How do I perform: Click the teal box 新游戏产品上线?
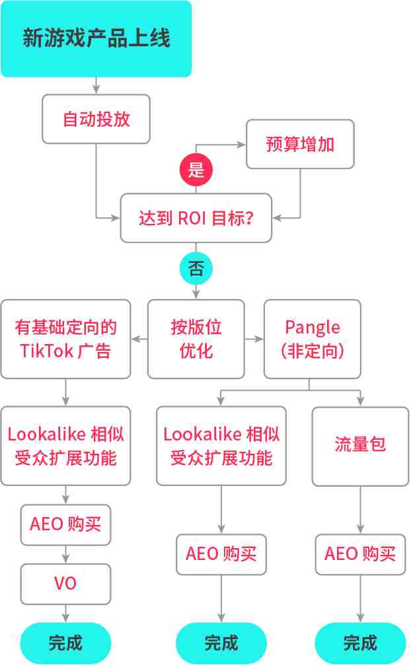pyautogui.click(x=96, y=38)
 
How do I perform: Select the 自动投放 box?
pyautogui.click(x=96, y=119)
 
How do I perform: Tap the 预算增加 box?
pyautogui.click(x=300, y=144)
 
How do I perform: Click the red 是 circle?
pyautogui.click(x=196, y=170)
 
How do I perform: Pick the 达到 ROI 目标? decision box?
pyautogui.click(x=196, y=218)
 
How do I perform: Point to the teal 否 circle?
pyautogui.click(x=196, y=268)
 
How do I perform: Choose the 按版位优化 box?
pyautogui.click(x=196, y=339)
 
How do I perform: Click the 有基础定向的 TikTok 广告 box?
pyautogui.click(x=65, y=339)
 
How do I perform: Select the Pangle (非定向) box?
pyautogui.click(x=313, y=339)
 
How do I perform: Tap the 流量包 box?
pyautogui.click(x=361, y=446)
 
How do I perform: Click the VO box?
pyautogui.click(x=65, y=584)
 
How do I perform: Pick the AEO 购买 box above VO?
pyautogui.click(x=65, y=524)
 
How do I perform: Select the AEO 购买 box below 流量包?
pyautogui.click(x=361, y=554)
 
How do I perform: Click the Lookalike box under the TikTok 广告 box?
pyautogui.click(x=65, y=446)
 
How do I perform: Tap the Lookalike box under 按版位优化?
pyautogui.click(x=221, y=446)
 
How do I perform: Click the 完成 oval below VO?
pyautogui.click(x=65, y=643)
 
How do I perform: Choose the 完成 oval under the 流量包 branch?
pyautogui.click(x=361, y=643)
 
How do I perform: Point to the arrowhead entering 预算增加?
pyautogui.click(x=242, y=145)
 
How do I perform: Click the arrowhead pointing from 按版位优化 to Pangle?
pyautogui.click(x=259, y=339)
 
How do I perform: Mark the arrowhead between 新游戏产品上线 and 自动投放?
pyautogui.click(x=96, y=90)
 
